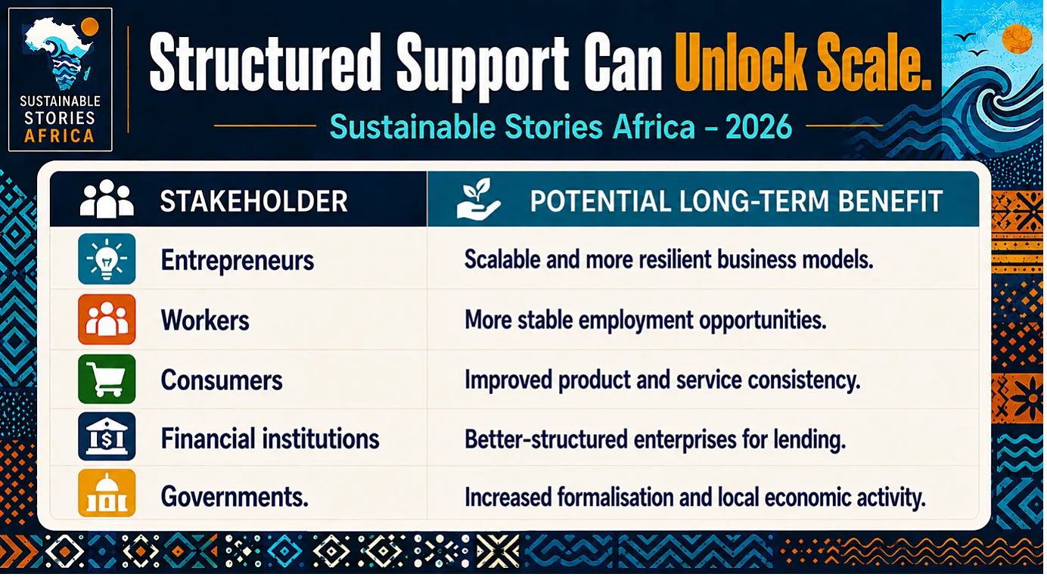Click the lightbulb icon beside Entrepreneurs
click(107, 259)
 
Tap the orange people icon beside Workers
click(107, 320)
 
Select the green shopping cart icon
click(107, 379)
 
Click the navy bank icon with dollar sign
click(107, 437)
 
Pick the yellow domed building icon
click(107, 493)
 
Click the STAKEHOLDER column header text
click(253, 201)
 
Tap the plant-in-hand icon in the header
click(478, 199)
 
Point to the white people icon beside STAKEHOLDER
click(107, 199)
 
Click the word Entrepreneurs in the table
click(238, 260)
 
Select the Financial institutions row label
click(270, 439)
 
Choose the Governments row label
click(235, 497)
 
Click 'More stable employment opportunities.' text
click(645, 321)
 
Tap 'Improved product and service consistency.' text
click(663, 380)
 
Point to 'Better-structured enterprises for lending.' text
click(655, 439)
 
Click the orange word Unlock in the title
click(742, 63)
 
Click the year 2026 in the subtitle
click(759, 127)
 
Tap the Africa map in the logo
click(59, 52)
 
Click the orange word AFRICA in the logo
click(59, 136)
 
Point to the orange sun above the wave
click(1017, 39)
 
